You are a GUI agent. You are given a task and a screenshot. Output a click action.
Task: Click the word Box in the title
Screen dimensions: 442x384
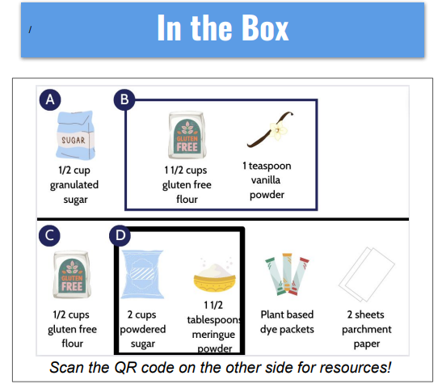265,27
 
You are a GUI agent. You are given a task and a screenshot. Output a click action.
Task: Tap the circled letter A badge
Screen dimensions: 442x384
50,99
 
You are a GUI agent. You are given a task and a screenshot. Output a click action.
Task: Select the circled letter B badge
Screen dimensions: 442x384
124,99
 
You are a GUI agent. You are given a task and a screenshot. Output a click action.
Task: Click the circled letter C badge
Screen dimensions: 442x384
49,235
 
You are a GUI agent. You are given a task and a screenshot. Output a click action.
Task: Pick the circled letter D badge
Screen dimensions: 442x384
120,235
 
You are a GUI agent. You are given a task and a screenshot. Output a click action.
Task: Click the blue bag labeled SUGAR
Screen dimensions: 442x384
75,135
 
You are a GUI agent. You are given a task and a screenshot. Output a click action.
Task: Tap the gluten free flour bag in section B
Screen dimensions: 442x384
187,135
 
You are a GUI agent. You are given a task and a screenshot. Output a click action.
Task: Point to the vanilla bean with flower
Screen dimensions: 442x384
270,129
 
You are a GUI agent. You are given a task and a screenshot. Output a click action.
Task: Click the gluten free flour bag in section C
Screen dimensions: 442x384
72,274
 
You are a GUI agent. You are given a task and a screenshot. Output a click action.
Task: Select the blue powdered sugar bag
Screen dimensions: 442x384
142,274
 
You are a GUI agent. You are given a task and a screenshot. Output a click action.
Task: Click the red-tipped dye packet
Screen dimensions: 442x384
301,276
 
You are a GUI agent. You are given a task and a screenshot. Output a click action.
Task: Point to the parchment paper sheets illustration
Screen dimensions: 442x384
367,274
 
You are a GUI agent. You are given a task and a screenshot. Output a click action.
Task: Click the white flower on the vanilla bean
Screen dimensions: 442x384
278,130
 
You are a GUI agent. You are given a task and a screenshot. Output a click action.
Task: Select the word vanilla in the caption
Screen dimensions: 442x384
266,180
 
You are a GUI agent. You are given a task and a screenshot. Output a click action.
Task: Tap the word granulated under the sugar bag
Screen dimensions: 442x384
74,185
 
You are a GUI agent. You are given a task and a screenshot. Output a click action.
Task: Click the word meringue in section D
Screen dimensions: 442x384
213,335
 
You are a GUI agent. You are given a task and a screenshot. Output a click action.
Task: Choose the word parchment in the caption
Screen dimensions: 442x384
367,330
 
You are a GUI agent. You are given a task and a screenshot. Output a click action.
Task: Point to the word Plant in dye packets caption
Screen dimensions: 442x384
271,314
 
